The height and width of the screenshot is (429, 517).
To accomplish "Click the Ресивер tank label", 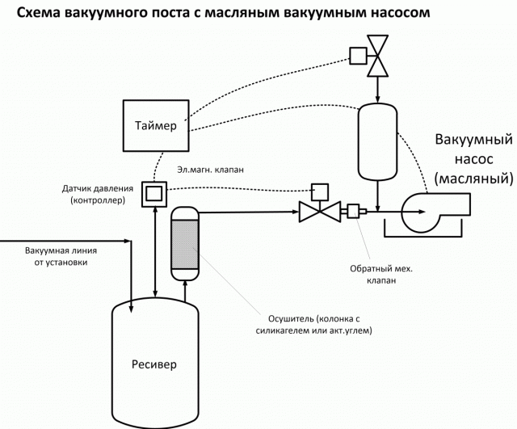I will [x=153, y=363].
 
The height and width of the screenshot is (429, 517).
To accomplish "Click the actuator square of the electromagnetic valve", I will [x=319, y=191].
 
